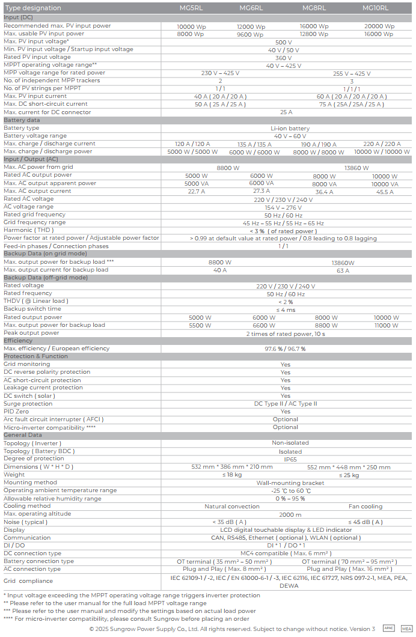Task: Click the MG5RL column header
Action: coord(188,8)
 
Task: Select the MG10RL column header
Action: coord(375,8)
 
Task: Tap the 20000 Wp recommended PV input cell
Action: coord(379,26)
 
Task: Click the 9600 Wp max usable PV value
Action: coord(251,34)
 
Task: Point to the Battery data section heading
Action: coord(22,120)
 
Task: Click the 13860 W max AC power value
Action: coord(356,168)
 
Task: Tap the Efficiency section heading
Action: coord(18,341)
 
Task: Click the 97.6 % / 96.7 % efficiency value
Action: coord(285,349)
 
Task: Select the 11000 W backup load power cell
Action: coord(386,325)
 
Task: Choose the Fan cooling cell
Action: coord(365,507)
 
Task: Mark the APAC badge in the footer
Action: coord(388,628)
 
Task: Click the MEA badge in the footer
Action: coord(406,628)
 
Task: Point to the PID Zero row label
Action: coord(16,412)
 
